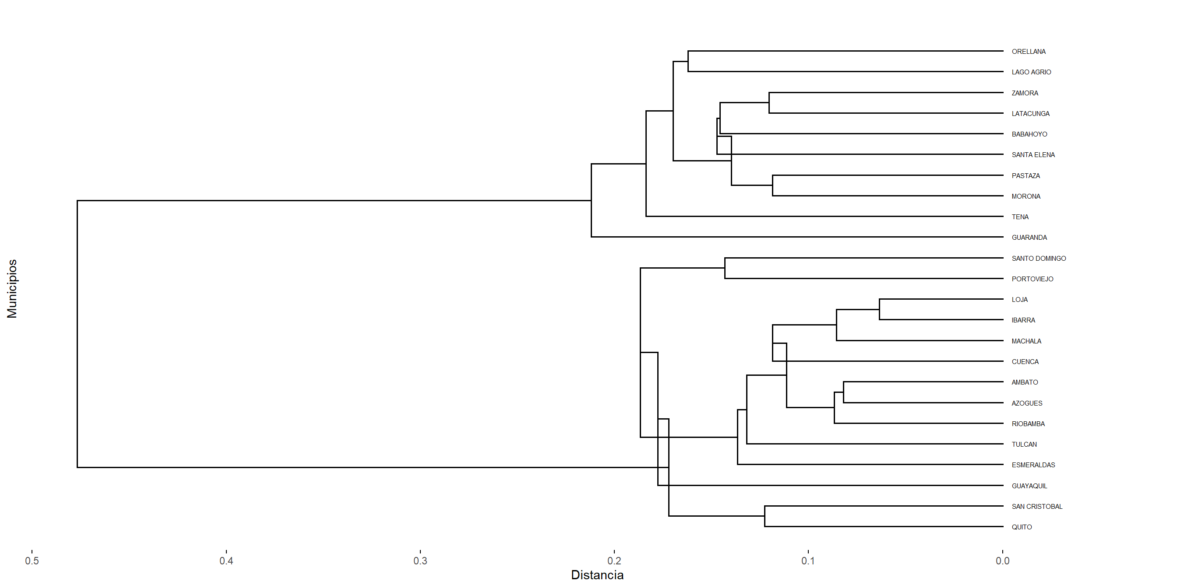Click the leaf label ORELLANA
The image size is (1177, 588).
coord(1028,52)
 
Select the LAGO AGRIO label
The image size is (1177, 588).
coord(1031,72)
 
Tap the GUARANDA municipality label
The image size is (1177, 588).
coord(1029,238)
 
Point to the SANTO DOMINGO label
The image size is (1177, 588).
coord(1038,259)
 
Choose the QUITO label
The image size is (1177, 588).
coord(1021,527)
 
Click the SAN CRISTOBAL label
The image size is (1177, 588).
coord(1036,506)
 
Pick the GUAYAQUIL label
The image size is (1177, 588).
coord(1029,486)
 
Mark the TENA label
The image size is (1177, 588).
coord(1020,217)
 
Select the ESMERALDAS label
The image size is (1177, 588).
coord(1033,465)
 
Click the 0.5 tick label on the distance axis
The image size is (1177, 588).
coord(32,560)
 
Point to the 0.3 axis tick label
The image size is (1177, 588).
coord(420,560)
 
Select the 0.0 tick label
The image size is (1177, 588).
coord(1002,560)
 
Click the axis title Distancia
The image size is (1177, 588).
coord(597,575)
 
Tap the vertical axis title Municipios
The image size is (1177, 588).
coord(12,288)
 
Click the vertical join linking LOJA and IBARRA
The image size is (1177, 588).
coord(880,309)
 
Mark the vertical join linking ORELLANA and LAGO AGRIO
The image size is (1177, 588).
coord(688,61)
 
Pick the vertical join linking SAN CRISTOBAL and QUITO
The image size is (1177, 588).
coord(765,516)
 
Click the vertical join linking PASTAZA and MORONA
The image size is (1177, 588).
coord(773,185)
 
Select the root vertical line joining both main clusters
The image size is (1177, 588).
coord(77,334)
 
